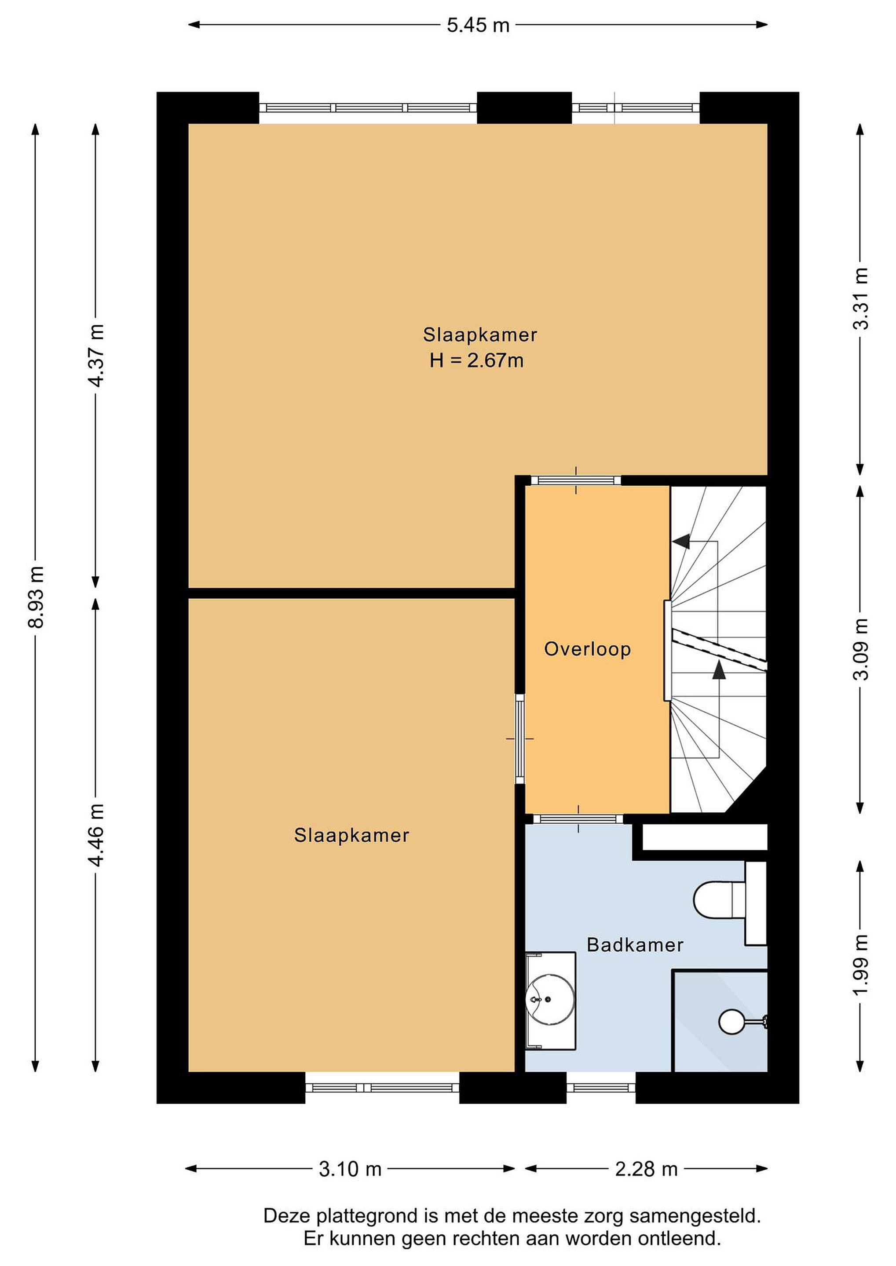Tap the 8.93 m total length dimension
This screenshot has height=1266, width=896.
tap(37, 597)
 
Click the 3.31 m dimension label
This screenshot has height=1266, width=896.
tap(861, 298)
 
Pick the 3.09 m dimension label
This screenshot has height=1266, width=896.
tap(861, 649)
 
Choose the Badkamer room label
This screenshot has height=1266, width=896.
tap(635, 945)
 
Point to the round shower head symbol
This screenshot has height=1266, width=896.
tap(732, 1022)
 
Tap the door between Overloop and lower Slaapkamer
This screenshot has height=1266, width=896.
tap(520, 738)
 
